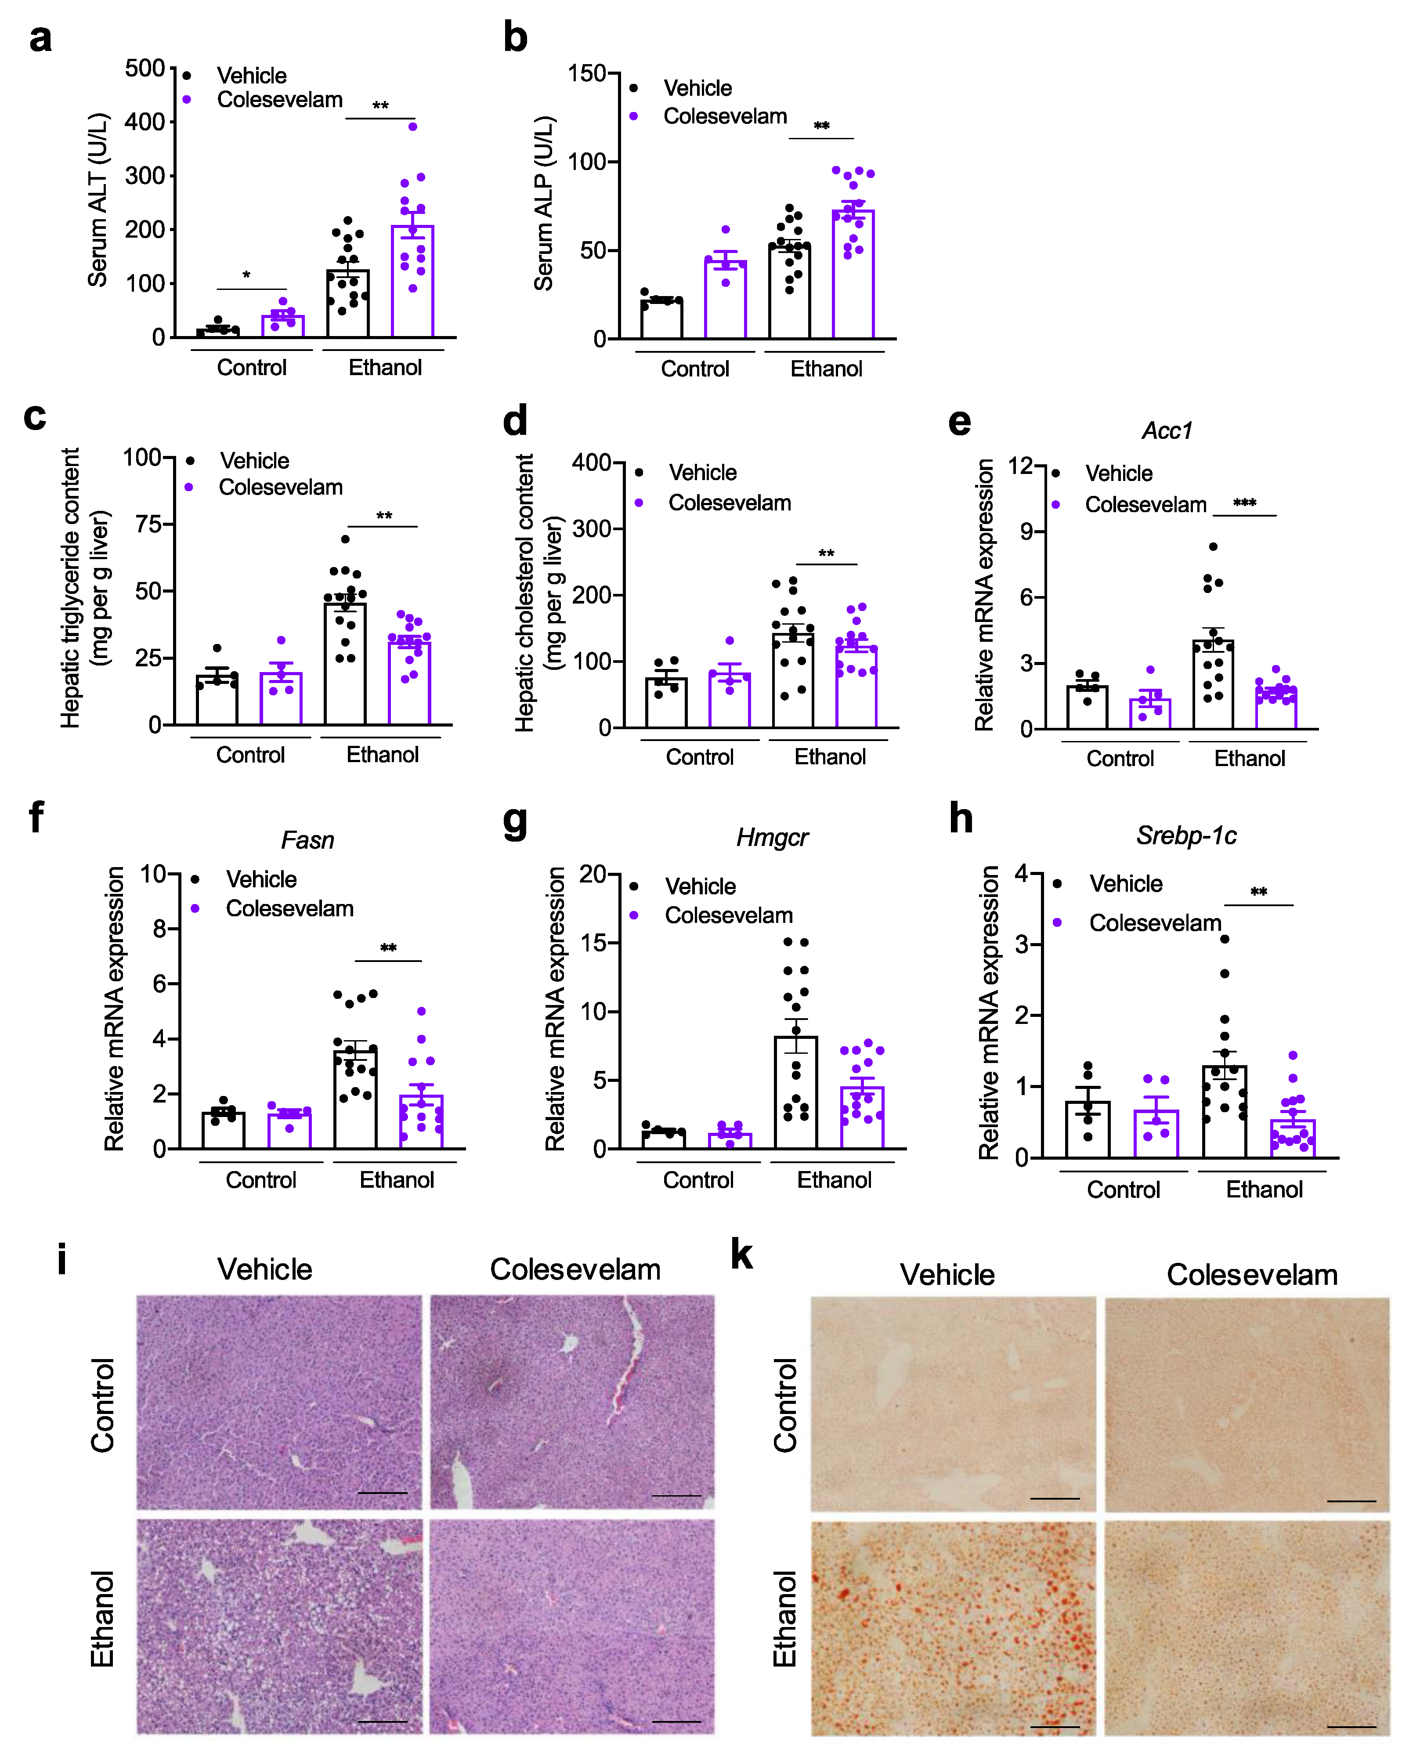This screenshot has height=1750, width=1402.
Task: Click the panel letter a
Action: click(40, 38)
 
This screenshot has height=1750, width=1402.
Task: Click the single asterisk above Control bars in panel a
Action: click(246, 275)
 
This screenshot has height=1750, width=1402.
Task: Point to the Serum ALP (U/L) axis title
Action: click(543, 203)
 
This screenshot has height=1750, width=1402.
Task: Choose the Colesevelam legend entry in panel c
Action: click(280, 487)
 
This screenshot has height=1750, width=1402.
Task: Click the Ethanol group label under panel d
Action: click(830, 756)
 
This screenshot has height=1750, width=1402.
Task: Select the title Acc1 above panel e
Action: click(1167, 430)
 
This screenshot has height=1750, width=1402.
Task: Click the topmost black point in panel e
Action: click(1213, 547)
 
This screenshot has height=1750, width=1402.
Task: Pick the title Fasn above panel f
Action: click(307, 839)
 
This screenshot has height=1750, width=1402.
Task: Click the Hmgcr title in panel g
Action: click(772, 837)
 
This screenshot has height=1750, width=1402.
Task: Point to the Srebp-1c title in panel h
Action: click(1186, 835)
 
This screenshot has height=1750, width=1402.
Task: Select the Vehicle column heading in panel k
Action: click(947, 1274)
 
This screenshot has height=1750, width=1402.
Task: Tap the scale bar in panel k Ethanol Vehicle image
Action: click(1055, 1726)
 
